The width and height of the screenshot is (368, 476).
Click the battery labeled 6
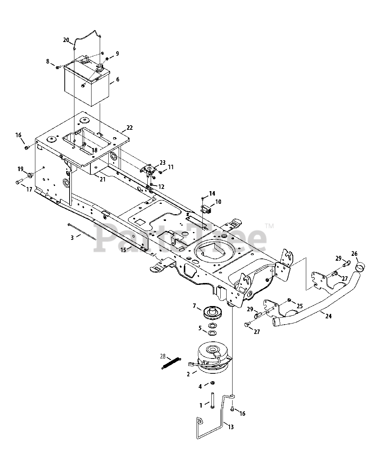coord(87,86)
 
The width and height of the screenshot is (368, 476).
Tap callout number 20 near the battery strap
coord(66,40)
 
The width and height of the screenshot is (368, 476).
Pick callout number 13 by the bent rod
coord(231,427)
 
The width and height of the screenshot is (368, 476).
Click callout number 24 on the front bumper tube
coord(328,316)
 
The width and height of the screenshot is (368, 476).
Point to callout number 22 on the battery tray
coord(129,128)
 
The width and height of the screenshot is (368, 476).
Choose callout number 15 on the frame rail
coord(123,250)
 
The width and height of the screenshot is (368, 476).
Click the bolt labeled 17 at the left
coord(18,182)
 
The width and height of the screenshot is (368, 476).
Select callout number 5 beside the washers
coord(200,328)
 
